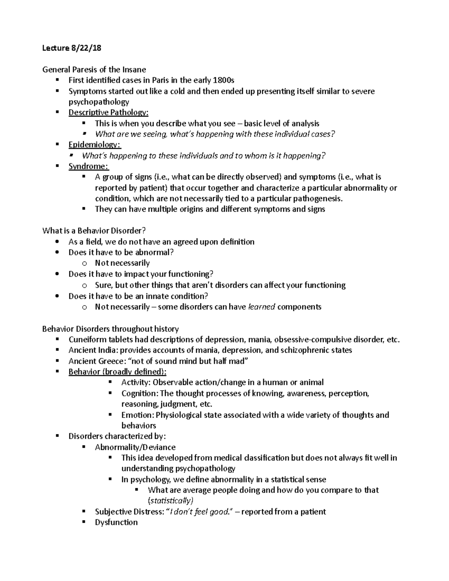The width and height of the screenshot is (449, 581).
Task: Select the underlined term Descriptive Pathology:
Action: coord(109,113)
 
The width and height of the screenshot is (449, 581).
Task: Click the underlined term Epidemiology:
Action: coord(95,145)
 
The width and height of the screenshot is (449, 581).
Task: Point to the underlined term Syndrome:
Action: coord(89,166)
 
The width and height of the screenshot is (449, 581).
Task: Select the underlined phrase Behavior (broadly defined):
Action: coord(117,372)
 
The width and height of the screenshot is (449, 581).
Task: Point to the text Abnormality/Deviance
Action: coord(135,447)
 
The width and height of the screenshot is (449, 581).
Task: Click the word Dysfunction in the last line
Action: coord(116,523)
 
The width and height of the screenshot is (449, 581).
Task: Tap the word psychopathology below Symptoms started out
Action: coord(99,102)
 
